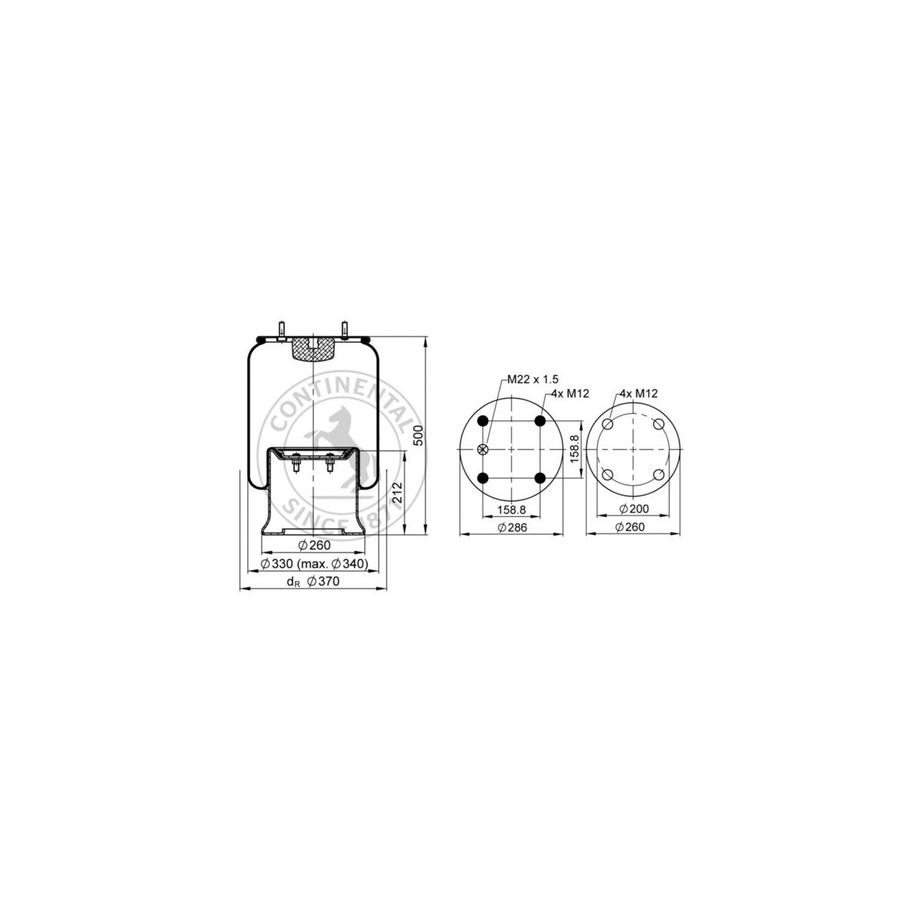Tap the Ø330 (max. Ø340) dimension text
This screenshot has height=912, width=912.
(x=314, y=563)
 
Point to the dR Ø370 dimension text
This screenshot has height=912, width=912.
(x=313, y=582)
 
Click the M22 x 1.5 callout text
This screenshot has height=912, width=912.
(x=533, y=379)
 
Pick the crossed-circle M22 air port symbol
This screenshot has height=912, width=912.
(x=482, y=450)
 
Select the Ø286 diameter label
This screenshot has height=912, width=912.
(x=512, y=527)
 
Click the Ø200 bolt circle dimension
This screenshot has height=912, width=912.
(x=634, y=508)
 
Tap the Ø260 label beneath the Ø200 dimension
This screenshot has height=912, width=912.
(x=634, y=527)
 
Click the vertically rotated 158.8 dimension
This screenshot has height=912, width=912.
(x=575, y=449)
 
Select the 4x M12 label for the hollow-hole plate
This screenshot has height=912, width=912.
(x=639, y=393)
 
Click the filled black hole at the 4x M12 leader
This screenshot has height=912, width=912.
(x=540, y=421)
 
